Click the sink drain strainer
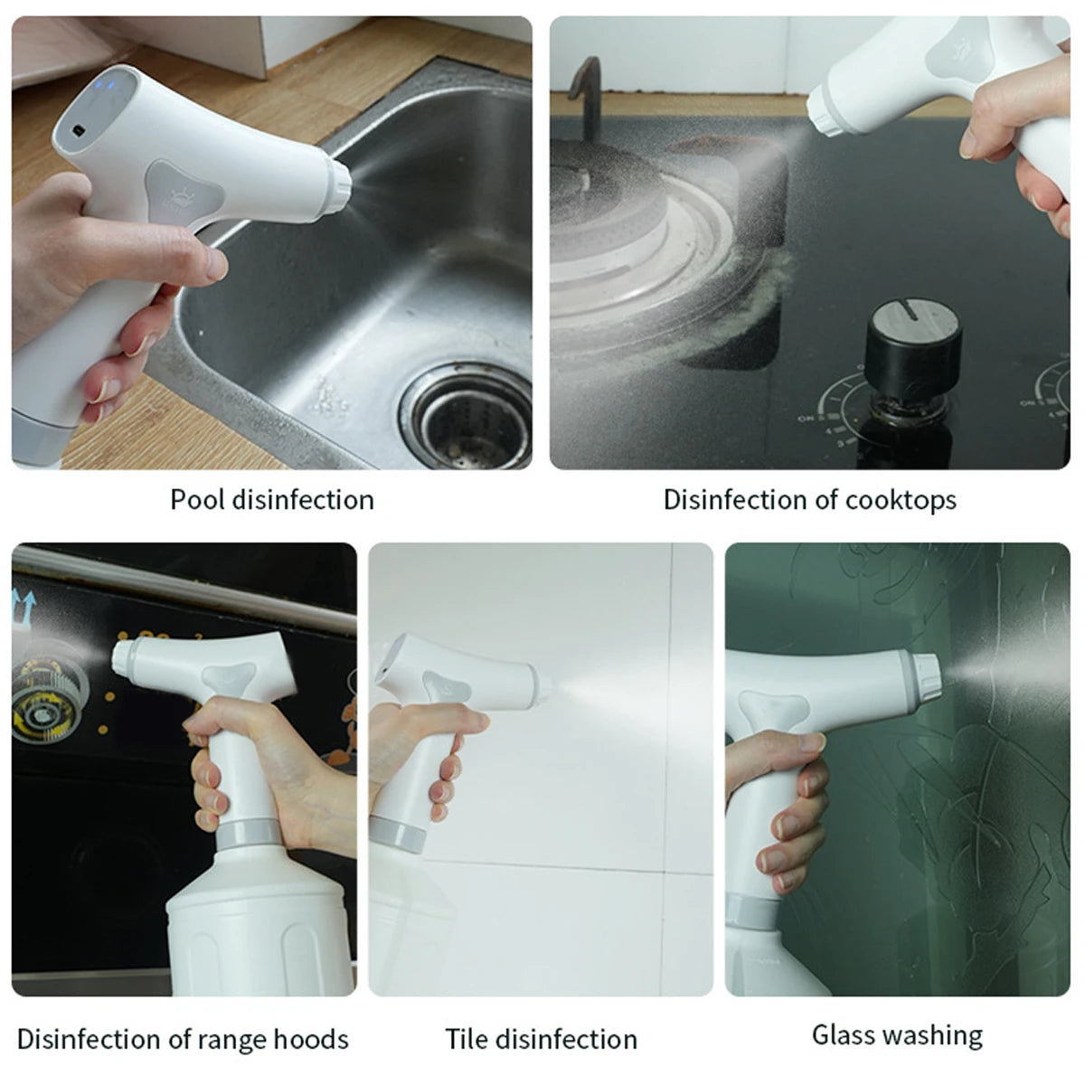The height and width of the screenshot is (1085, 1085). click(467, 417)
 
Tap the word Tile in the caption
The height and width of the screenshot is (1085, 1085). click(467, 1039)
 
